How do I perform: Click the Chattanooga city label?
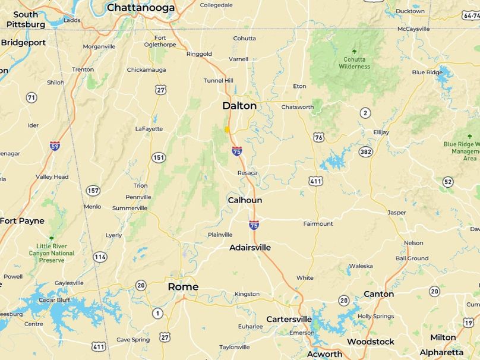(x=141, y=8)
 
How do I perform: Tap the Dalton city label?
(x=239, y=106)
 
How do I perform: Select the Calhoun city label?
(x=245, y=200)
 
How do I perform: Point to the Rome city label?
(x=183, y=287)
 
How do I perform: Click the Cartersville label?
(x=289, y=319)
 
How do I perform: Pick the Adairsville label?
(x=250, y=247)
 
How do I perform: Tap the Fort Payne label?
(x=22, y=221)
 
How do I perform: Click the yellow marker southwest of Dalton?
(x=227, y=129)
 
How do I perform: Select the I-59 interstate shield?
(x=55, y=146)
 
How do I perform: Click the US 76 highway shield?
(x=319, y=137)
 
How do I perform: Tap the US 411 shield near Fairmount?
(x=315, y=181)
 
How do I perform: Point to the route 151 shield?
(x=158, y=157)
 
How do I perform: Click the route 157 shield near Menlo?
(x=93, y=191)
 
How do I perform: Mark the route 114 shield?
(x=100, y=257)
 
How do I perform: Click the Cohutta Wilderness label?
(x=355, y=62)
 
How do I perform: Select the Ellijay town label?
(x=381, y=132)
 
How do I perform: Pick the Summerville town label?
(x=130, y=208)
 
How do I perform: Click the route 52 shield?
(x=447, y=182)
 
